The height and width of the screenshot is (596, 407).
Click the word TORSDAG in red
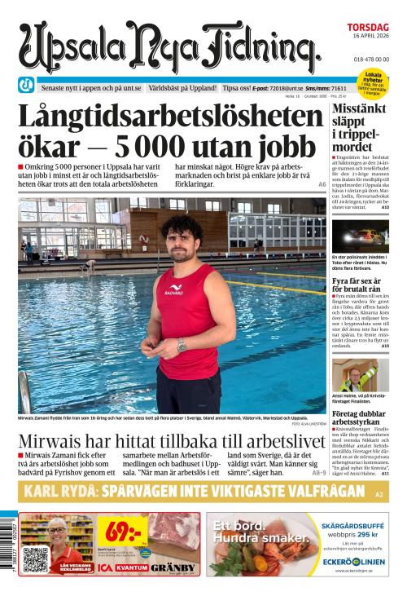click(370, 27)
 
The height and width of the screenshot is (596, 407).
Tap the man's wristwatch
click(182, 344)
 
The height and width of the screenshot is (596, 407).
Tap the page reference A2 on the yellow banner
click(379, 495)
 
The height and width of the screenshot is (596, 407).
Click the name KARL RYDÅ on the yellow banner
click(60, 492)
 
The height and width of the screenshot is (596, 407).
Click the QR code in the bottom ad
click(36, 559)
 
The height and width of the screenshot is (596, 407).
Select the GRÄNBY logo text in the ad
click(172, 567)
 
